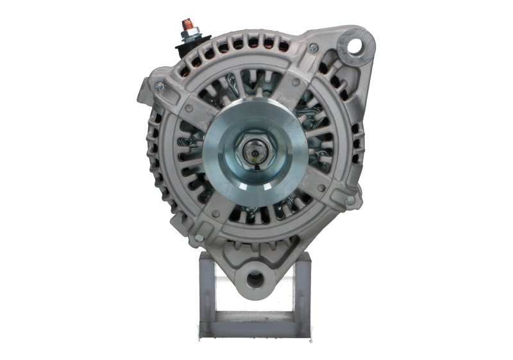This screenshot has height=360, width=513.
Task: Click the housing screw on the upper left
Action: tap(157, 84)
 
